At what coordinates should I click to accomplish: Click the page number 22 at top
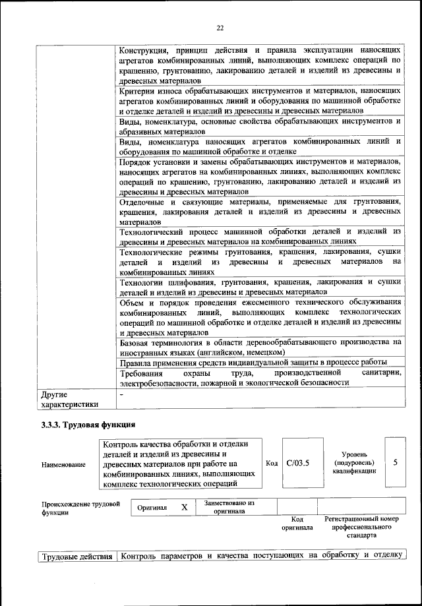click(220, 27)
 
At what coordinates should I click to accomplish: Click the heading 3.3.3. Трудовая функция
click(88, 424)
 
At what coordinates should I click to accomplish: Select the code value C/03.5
click(298, 464)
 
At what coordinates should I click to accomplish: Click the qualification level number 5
click(395, 463)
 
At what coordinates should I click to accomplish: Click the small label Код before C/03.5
click(271, 464)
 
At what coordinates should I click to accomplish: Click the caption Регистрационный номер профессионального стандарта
click(362, 528)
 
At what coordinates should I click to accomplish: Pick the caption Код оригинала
click(297, 524)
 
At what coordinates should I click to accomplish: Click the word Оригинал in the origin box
click(152, 508)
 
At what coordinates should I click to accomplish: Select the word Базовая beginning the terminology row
click(136, 343)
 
